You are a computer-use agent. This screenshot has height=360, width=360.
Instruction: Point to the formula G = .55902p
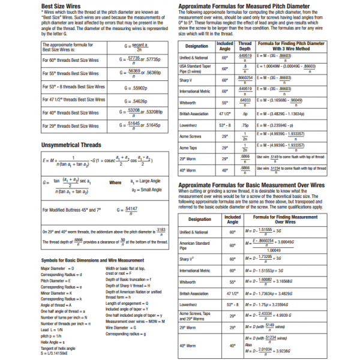click(x=139, y=87)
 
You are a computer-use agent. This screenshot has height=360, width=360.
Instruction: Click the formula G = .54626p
click(x=139, y=100)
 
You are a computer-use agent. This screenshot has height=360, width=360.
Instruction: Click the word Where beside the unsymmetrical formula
click(x=115, y=182)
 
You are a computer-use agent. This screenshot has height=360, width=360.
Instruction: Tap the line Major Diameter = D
click(x=57, y=268)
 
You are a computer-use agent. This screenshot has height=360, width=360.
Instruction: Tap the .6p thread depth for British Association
click(x=245, y=113)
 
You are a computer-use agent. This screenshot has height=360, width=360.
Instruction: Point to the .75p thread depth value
click(x=245, y=125)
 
